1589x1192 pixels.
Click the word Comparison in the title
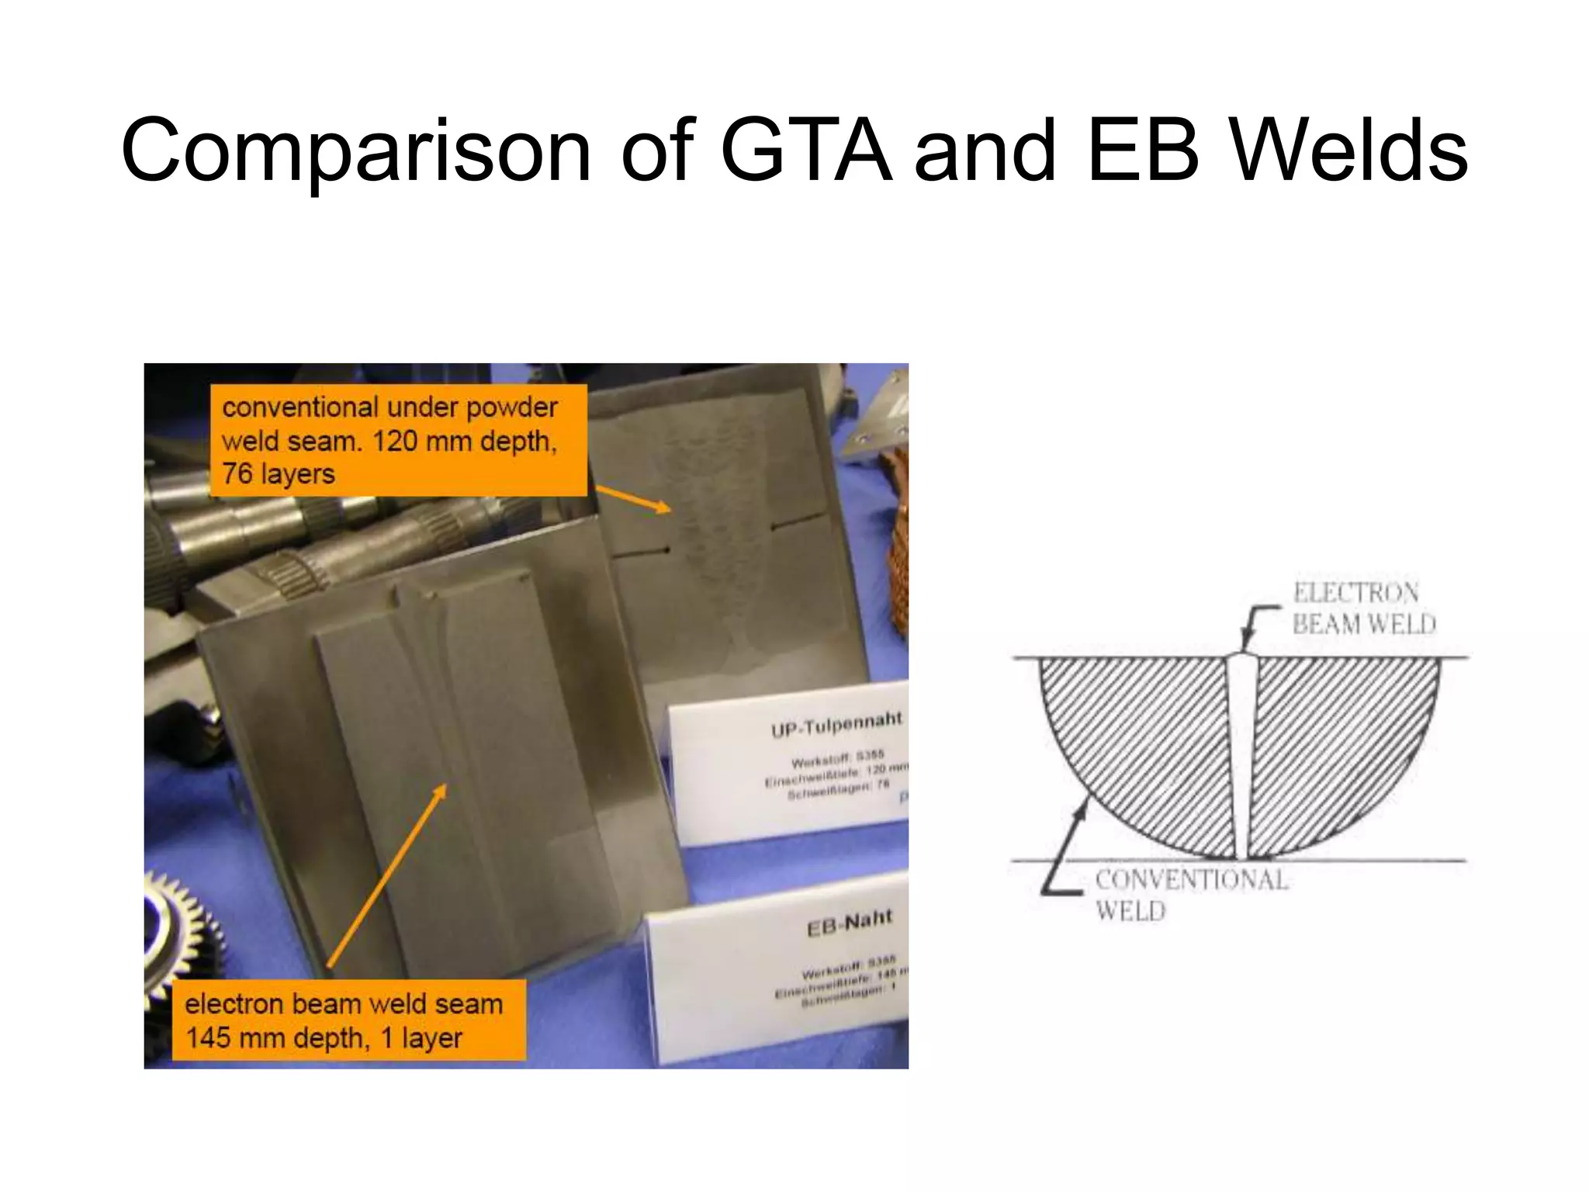click(356, 151)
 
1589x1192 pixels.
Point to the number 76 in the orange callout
click(237, 473)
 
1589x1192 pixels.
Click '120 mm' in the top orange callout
click(423, 441)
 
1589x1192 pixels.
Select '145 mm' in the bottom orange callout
click(224, 1038)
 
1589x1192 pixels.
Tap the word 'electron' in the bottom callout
click(234, 1004)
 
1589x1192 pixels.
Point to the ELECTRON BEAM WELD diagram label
click(1362, 608)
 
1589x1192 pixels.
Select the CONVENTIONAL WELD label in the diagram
click(1190, 895)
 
